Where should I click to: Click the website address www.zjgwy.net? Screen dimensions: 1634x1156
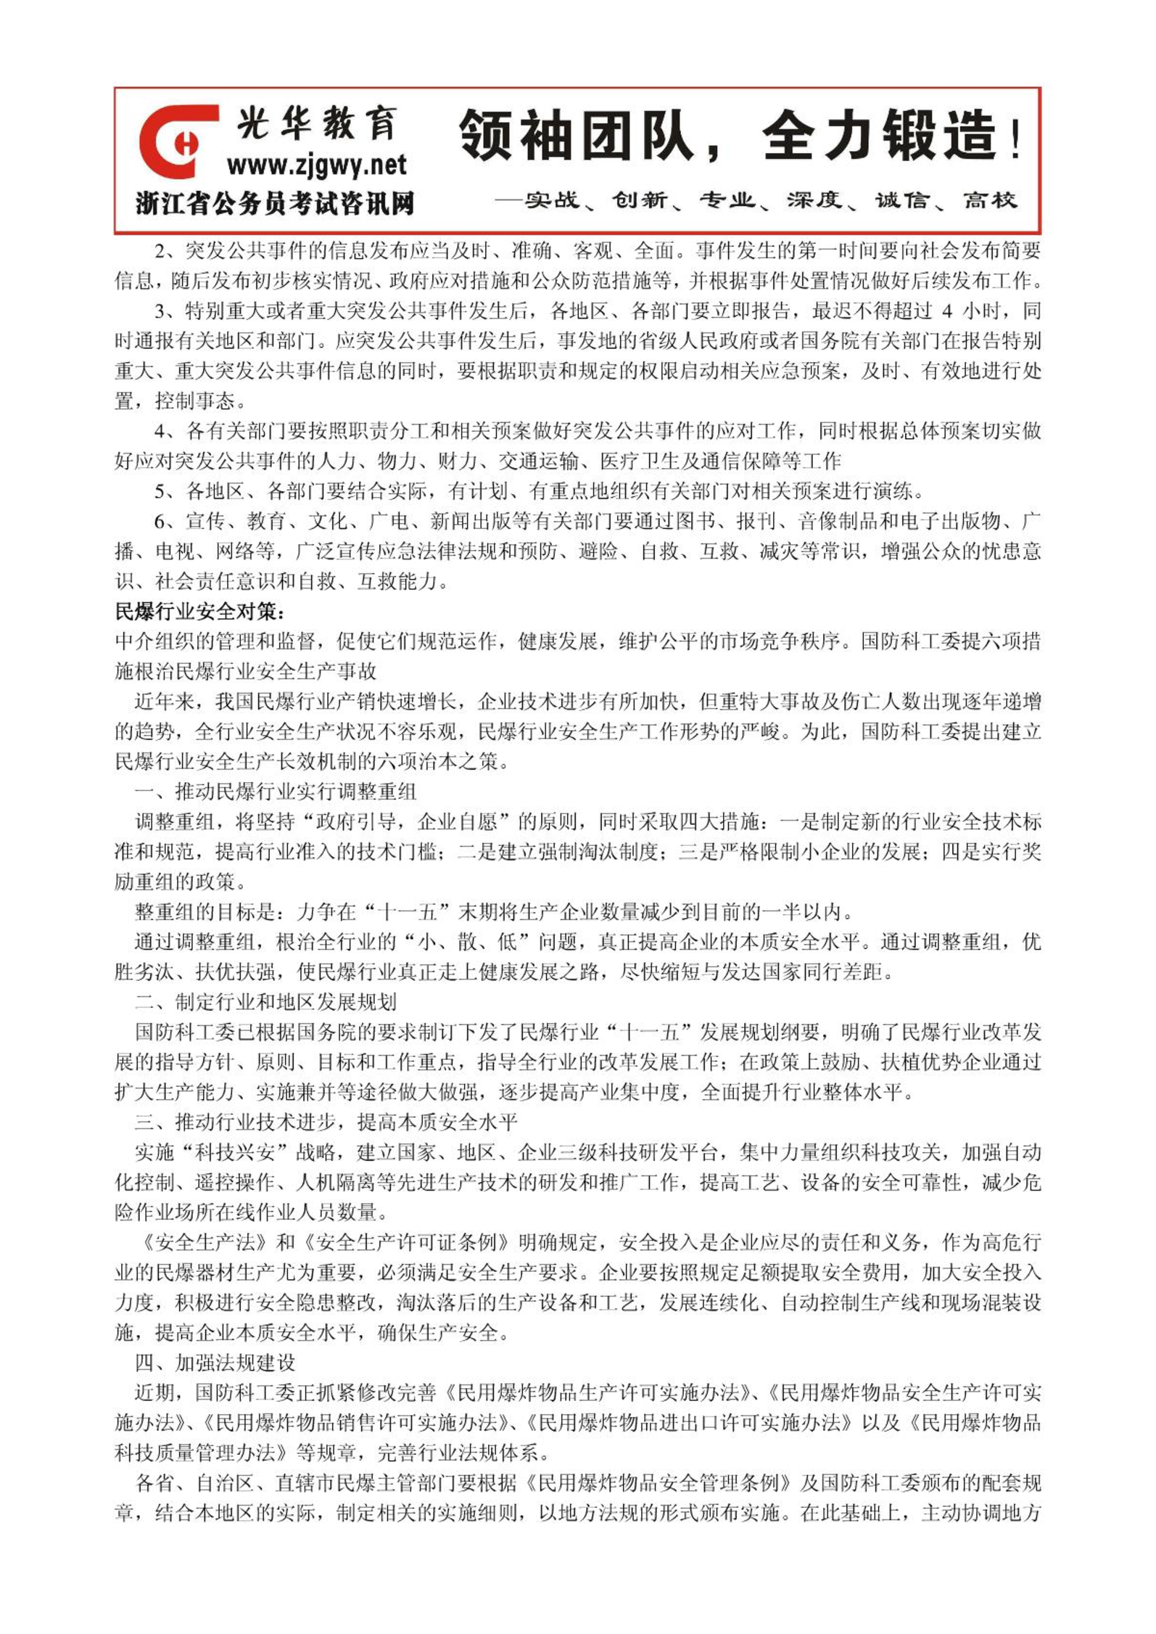pyautogui.click(x=317, y=166)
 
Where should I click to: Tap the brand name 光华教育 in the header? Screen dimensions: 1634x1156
pyautogui.click(x=317, y=123)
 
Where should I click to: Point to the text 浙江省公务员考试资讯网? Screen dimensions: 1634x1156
pyautogui.click(x=275, y=204)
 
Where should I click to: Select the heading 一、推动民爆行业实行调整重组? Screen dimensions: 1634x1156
pyautogui.click(x=276, y=791)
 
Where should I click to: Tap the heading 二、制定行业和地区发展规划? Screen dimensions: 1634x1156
pyautogui.click(x=265, y=1002)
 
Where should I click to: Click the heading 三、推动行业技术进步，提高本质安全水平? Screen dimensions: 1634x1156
pyautogui.click(x=326, y=1122)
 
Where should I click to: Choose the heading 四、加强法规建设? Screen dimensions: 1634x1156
pyautogui.click(x=215, y=1363)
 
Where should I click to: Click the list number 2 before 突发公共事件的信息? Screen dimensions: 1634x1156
pyautogui.click(x=160, y=251)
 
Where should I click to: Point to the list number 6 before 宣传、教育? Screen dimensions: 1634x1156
pyautogui.click(x=160, y=521)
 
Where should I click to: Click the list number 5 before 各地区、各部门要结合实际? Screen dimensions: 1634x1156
pyautogui.click(x=160, y=491)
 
